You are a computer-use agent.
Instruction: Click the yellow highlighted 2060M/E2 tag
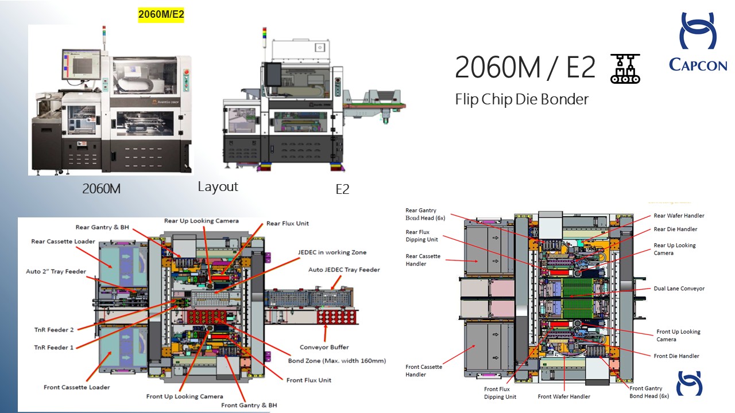click(x=161, y=14)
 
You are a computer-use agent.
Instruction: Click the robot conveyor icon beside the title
click(x=625, y=68)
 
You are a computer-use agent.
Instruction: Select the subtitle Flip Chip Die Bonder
click(x=521, y=99)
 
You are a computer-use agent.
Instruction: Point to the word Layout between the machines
click(x=218, y=186)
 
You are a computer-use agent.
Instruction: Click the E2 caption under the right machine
click(x=342, y=189)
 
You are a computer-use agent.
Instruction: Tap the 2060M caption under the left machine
click(x=101, y=188)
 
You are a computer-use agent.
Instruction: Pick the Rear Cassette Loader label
click(x=63, y=241)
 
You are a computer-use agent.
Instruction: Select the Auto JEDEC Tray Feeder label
click(x=344, y=270)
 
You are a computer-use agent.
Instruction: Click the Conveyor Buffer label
click(x=324, y=347)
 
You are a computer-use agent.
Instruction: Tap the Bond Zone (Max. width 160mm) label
click(x=336, y=361)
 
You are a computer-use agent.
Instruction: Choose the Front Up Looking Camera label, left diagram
click(x=184, y=396)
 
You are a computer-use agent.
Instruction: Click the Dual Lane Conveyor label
click(x=679, y=289)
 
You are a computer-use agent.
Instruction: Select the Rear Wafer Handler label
click(x=679, y=216)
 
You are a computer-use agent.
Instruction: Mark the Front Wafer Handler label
click(x=563, y=396)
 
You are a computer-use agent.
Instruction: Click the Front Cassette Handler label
click(x=424, y=371)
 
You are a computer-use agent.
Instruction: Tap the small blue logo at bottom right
click(x=689, y=383)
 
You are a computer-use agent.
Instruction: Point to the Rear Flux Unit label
click(x=287, y=223)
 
